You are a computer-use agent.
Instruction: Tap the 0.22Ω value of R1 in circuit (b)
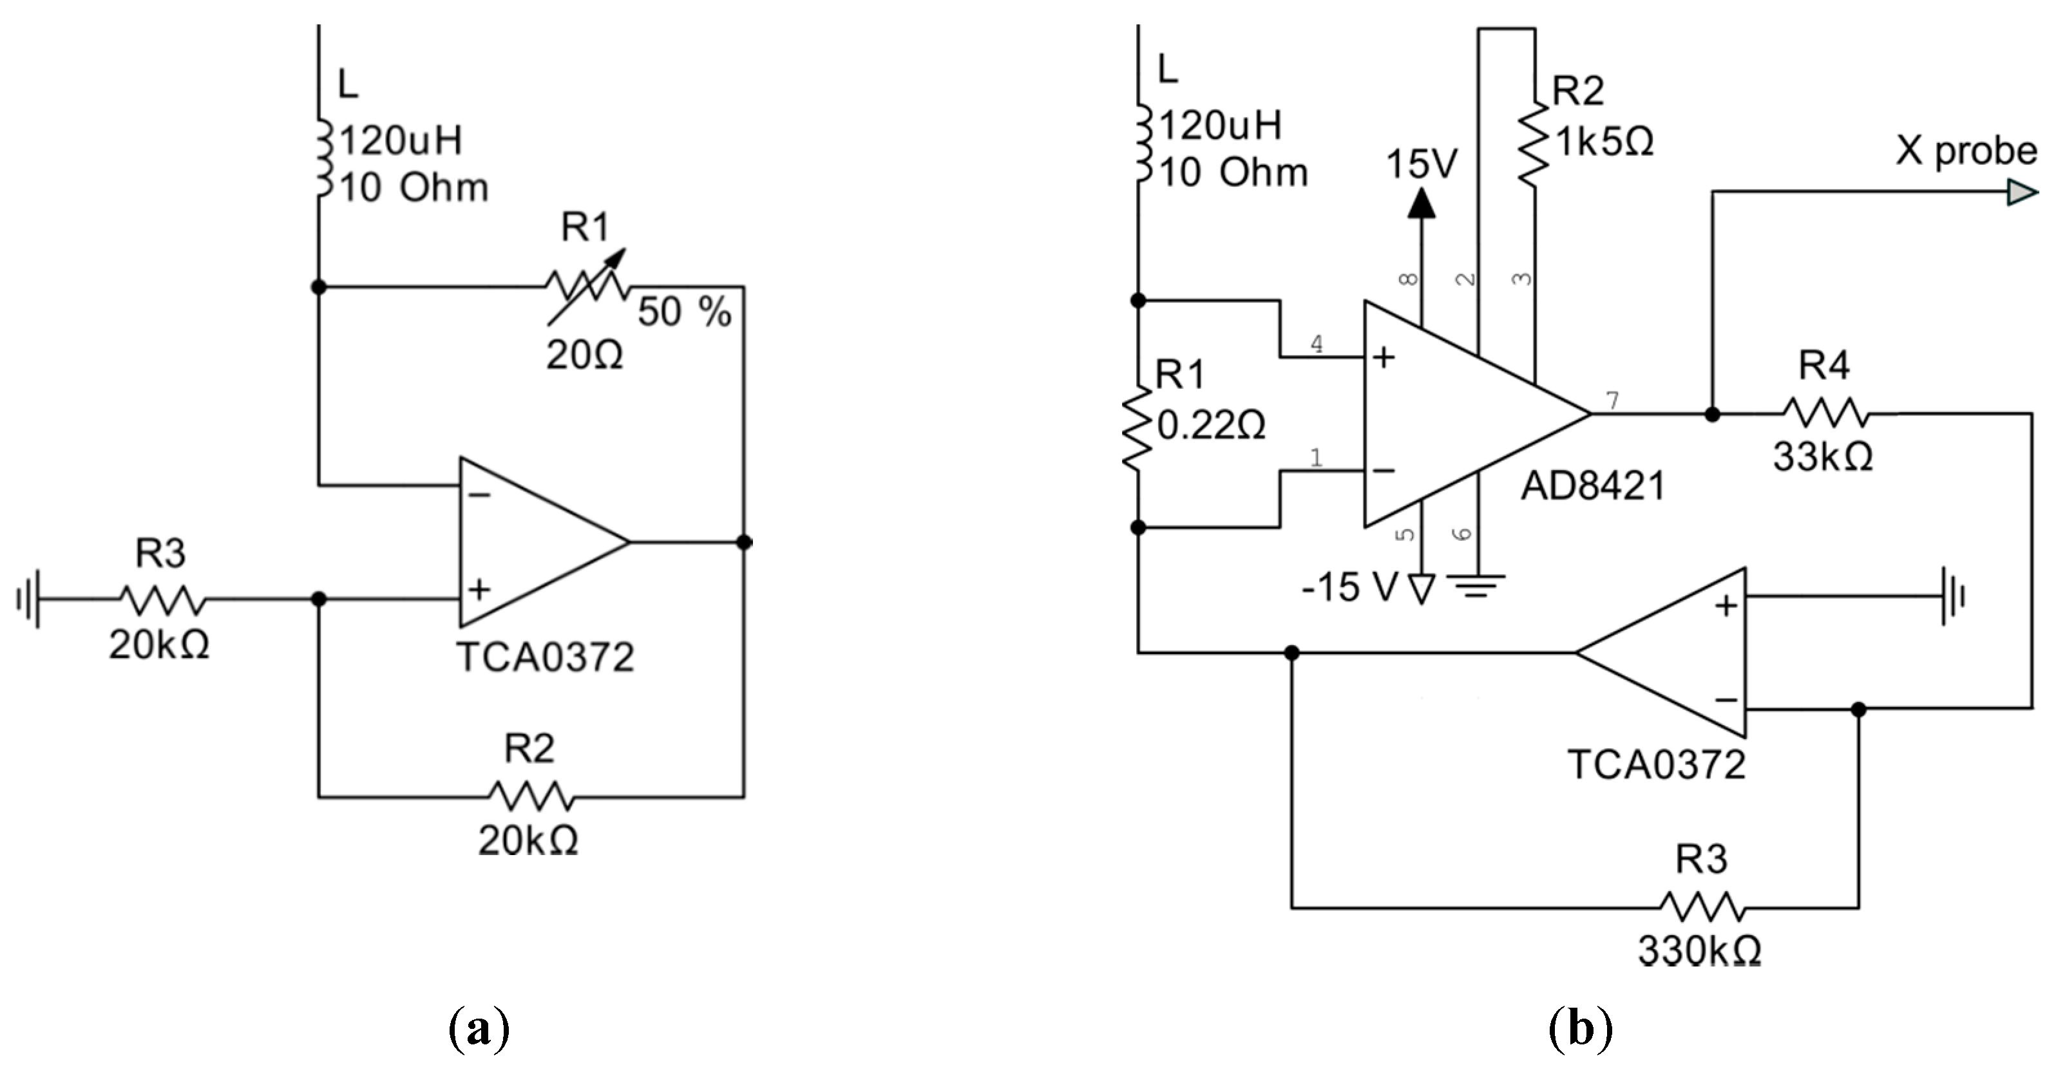pyautogui.click(x=1211, y=426)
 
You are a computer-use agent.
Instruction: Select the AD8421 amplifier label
pyautogui.click(x=1592, y=485)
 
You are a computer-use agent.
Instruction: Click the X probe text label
pyautogui.click(x=1966, y=151)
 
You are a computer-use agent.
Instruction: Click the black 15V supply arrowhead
pyautogui.click(x=1421, y=203)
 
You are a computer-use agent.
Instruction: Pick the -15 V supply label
pyautogui.click(x=1349, y=588)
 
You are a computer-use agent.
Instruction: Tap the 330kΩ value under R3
pyautogui.click(x=1699, y=950)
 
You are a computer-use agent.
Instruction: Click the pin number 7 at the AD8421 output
pyautogui.click(x=1612, y=400)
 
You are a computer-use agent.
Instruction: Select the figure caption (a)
pyautogui.click(x=479, y=1030)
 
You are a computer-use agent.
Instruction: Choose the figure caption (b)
pyautogui.click(x=1580, y=1030)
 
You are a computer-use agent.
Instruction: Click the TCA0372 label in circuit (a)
pyautogui.click(x=545, y=657)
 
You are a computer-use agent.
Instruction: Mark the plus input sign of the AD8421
pyautogui.click(x=1384, y=357)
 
